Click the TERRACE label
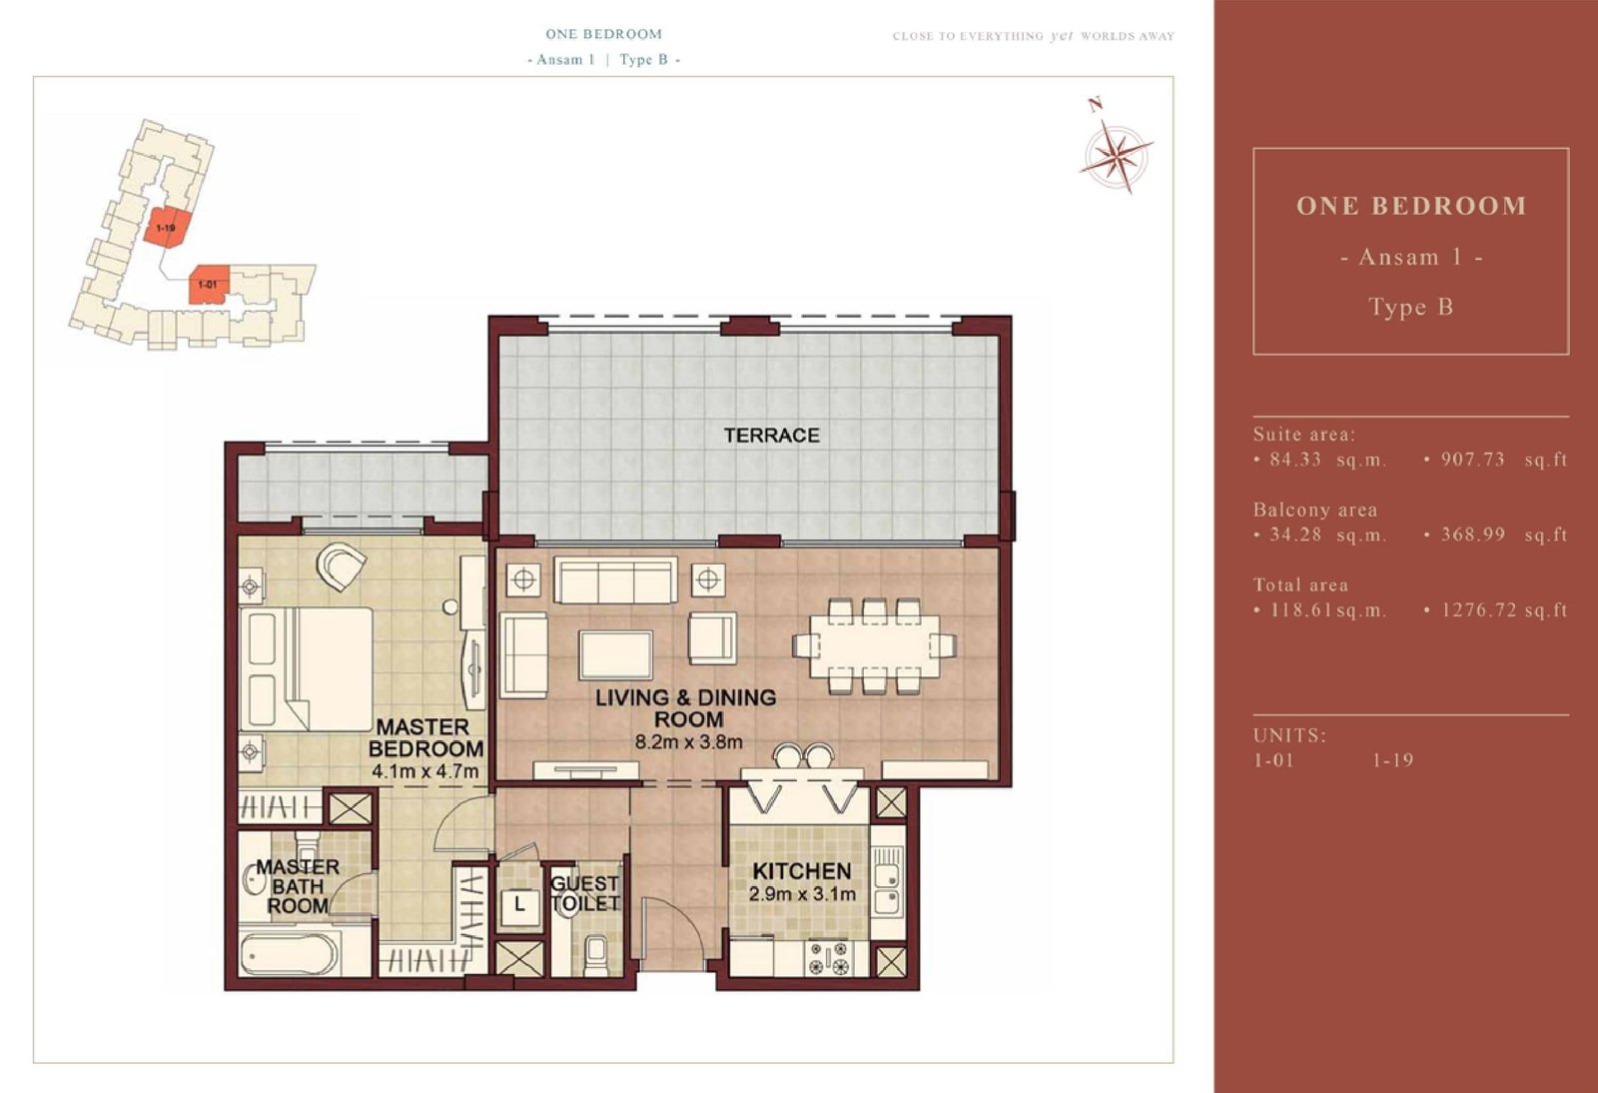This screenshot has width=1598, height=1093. click(771, 436)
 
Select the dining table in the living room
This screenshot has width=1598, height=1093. click(873, 645)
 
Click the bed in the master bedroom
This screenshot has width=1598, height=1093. click(307, 668)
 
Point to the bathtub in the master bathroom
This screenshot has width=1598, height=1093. click(289, 953)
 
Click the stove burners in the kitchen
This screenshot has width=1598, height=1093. click(829, 957)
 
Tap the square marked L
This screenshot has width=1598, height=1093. click(518, 905)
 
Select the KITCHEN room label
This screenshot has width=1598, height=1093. click(802, 871)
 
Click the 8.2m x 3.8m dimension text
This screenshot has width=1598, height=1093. click(688, 742)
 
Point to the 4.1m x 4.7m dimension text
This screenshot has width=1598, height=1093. click(424, 772)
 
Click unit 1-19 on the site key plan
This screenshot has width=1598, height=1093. click(166, 228)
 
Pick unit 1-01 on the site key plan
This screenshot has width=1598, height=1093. click(209, 284)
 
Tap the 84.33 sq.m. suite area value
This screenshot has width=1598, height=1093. click(1328, 460)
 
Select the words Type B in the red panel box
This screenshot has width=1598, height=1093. click(1410, 307)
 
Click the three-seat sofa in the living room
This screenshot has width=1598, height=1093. click(615, 580)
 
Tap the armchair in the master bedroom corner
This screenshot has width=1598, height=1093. click(342, 565)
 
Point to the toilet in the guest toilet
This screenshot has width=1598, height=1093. click(595, 954)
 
